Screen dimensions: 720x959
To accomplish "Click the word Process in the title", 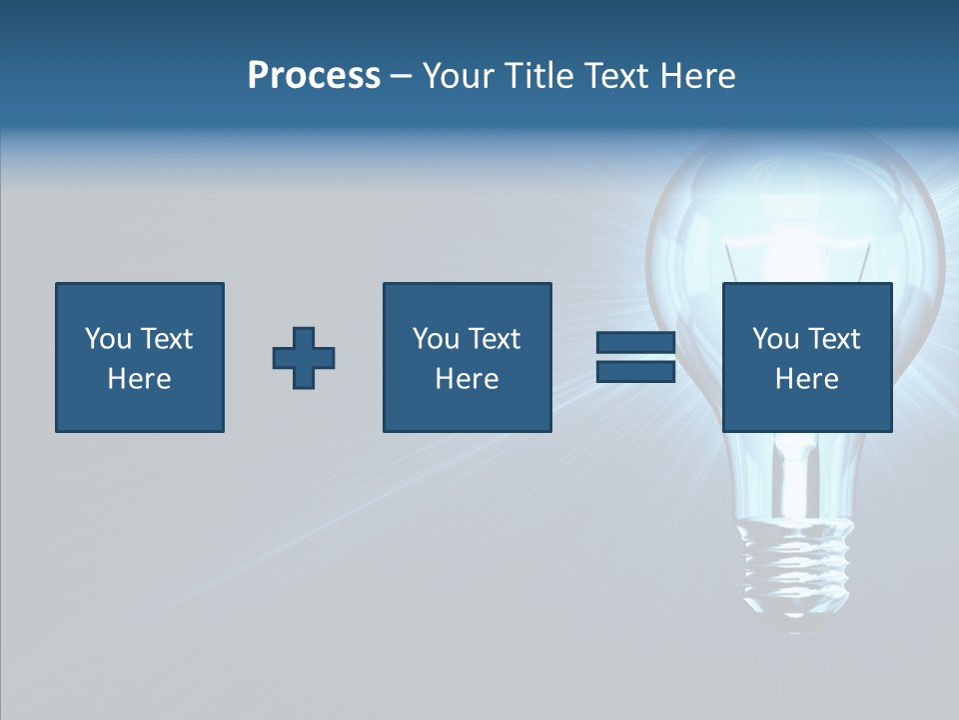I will pyautogui.click(x=314, y=76).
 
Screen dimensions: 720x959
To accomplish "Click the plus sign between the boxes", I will pyautogui.click(x=304, y=358).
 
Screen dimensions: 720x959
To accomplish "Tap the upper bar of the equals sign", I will pyautogui.click(x=635, y=343).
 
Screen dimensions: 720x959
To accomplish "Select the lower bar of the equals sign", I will pyautogui.click(x=635, y=371).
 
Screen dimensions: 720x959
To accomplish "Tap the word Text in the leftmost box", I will pyautogui.click(x=167, y=339).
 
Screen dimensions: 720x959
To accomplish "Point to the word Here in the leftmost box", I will pyautogui.click(x=139, y=379).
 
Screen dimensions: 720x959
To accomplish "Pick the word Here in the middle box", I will pyautogui.click(x=467, y=379).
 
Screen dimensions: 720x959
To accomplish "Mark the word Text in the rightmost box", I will pyautogui.click(x=834, y=339).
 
